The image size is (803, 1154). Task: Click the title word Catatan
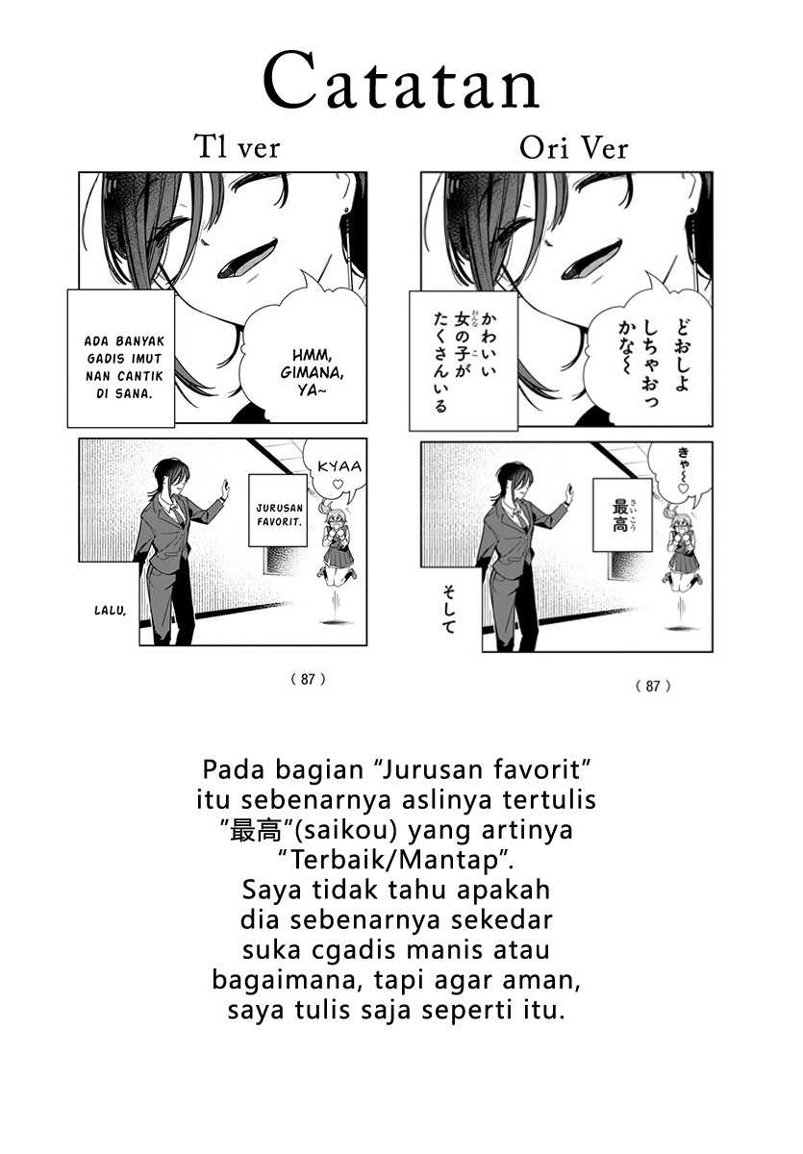click(401, 84)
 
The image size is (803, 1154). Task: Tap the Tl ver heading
click(237, 148)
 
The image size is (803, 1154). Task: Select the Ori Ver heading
click(573, 148)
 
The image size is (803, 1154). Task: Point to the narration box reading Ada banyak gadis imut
click(120, 358)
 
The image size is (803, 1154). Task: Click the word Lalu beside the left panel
click(112, 610)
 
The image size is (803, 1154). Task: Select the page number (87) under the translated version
click(308, 679)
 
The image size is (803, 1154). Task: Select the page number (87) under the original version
click(653, 686)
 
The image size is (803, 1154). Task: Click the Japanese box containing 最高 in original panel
click(622, 511)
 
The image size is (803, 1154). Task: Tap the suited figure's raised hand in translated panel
click(226, 488)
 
